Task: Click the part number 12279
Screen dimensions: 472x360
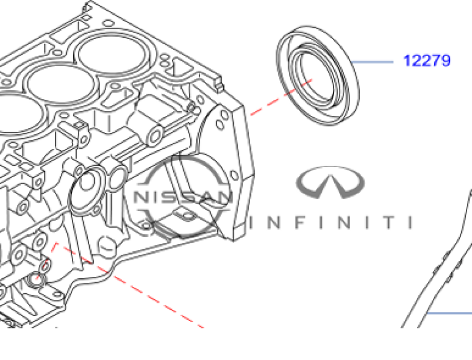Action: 427,60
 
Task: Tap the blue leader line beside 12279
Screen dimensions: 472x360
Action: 372,62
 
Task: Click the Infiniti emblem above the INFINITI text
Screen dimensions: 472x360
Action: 330,182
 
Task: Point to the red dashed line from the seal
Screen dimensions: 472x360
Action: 281,97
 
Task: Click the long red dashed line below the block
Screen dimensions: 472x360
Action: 130,285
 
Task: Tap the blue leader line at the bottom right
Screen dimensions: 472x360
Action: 449,313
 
